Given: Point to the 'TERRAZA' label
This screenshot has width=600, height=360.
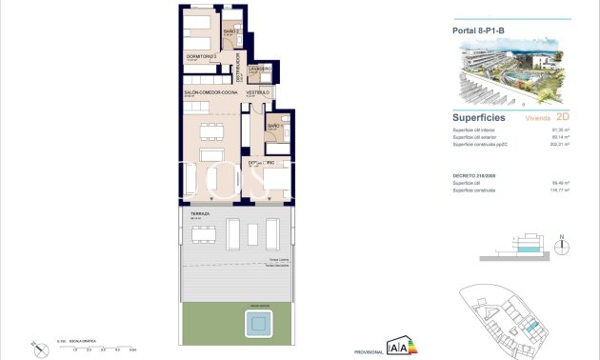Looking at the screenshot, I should (x=200, y=214).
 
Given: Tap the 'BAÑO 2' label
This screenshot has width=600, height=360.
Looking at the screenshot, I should (x=230, y=32).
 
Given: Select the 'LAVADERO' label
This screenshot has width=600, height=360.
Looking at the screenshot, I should (x=260, y=70).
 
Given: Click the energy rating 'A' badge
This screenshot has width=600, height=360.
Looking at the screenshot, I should (x=400, y=347).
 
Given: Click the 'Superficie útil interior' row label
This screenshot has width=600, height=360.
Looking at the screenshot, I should (x=472, y=130).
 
